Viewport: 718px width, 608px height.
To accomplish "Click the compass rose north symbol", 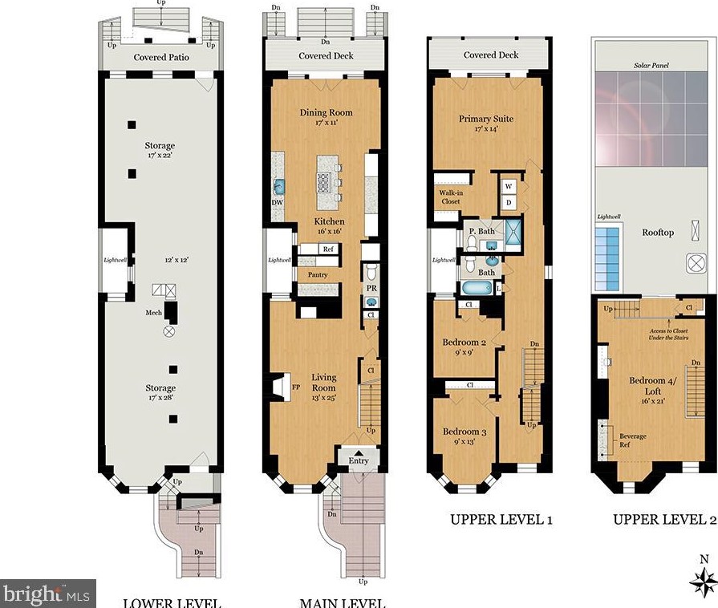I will pyautogui.click(x=704, y=579).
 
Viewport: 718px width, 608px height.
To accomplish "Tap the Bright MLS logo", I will pyautogui.click(x=47, y=594).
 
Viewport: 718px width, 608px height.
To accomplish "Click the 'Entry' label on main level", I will pyautogui.click(x=359, y=460).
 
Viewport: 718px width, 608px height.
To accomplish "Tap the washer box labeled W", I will pyautogui.click(x=509, y=186).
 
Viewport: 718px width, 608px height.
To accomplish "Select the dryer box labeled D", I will pyautogui.click(x=509, y=202).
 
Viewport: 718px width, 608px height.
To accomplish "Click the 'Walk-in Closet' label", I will pyautogui.click(x=450, y=197).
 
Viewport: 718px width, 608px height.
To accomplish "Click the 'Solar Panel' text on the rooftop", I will pyautogui.click(x=651, y=64).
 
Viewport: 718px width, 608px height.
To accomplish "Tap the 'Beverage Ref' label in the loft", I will pyautogui.click(x=633, y=440).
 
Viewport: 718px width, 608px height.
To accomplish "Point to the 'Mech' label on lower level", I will pyautogui.click(x=154, y=313).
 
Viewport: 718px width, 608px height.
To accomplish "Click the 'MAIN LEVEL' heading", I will pyautogui.click(x=342, y=602).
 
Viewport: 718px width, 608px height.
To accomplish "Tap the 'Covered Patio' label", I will pyautogui.click(x=161, y=57).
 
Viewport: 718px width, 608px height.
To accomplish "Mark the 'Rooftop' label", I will pyautogui.click(x=658, y=233).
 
